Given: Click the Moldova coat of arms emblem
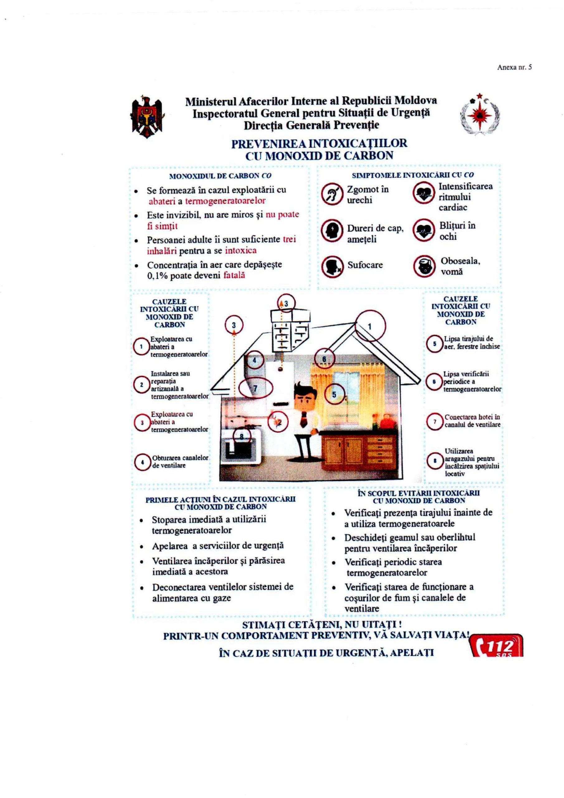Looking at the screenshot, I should point(147,117).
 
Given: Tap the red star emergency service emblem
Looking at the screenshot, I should point(480,115).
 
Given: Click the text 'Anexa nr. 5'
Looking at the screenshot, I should point(514,67).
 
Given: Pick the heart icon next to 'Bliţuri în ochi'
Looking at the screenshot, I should point(424,230).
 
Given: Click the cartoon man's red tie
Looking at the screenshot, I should point(304,419).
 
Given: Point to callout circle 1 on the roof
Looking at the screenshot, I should point(370,326).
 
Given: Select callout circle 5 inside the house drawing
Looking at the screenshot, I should point(334,394).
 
